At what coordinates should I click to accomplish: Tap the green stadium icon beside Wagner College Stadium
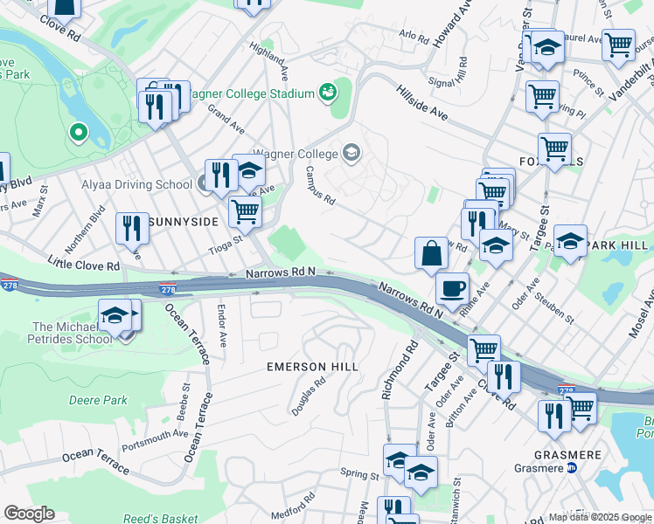[x=329, y=91]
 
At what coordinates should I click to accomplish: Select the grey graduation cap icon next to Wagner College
[x=351, y=155]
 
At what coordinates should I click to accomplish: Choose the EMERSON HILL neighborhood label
[x=312, y=367]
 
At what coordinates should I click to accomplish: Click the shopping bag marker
[x=431, y=254]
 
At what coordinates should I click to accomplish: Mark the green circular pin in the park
[x=79, y=133]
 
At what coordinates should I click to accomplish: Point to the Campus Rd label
[x=320, y=186]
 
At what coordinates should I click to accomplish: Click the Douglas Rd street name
[x=309, y=390]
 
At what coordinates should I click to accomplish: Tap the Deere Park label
[x=98, y=400]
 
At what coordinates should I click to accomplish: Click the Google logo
[x=29, y=514]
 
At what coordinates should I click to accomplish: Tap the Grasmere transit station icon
[x=573, y=467]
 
